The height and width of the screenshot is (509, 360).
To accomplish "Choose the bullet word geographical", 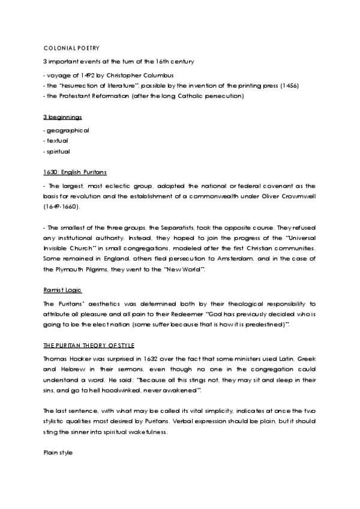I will [68, 130].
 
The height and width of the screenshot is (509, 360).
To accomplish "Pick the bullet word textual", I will [58, 141].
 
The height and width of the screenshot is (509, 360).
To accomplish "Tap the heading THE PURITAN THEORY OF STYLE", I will [89, 346].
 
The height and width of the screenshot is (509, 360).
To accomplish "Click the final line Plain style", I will [58, 452].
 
